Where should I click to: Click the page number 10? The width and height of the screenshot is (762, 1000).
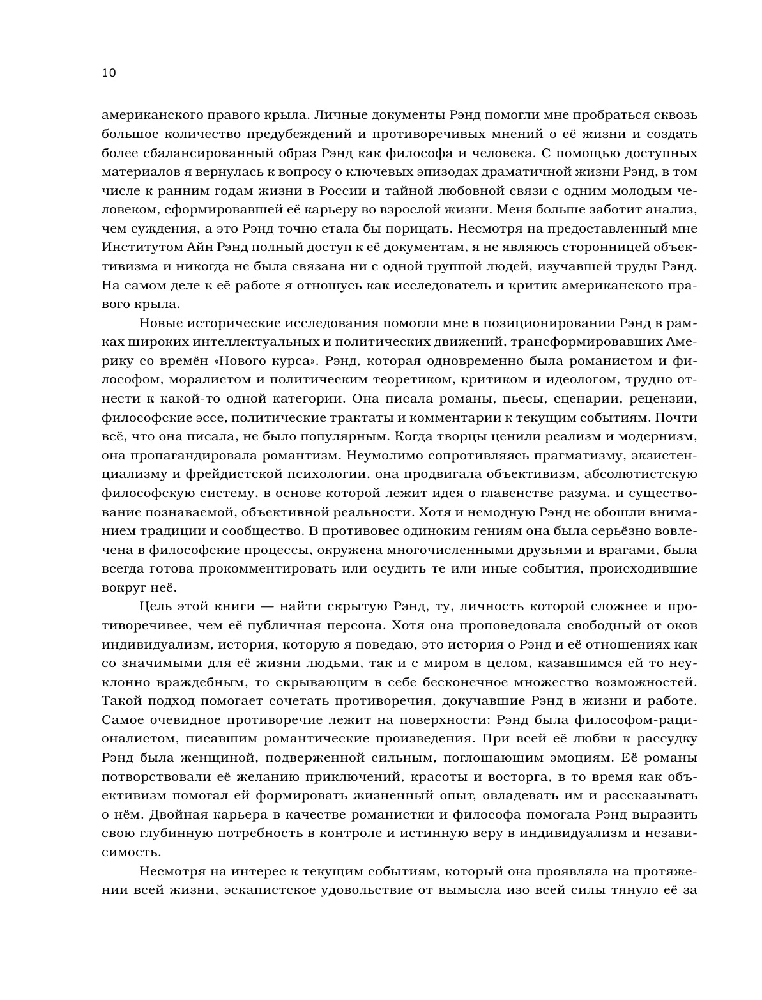tap(109, 73)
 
